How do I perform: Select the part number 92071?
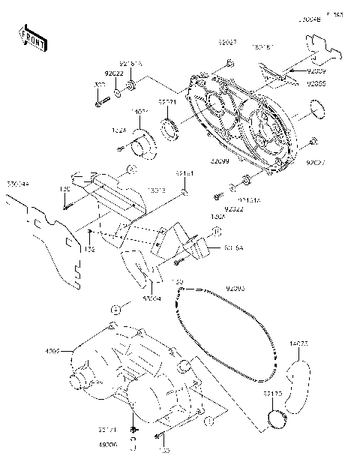pyautogui.click(x=167, y=101)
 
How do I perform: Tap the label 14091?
pyautogui.click(x=140, y=112)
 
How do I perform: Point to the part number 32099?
pyautogui.click(x=220, y=161)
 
